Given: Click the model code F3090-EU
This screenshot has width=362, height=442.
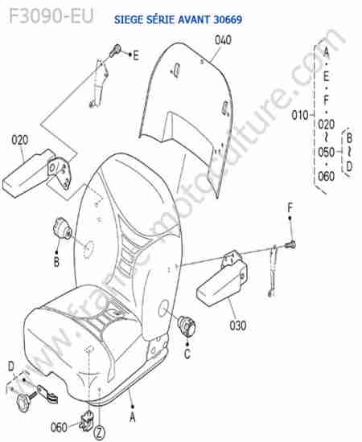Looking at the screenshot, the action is tap(51, 16).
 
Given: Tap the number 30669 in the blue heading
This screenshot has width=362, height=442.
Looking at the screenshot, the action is tap(228, 19).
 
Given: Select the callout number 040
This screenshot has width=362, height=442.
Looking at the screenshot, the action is tap(223, 40).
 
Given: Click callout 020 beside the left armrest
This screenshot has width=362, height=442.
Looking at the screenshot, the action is tap(20, 140).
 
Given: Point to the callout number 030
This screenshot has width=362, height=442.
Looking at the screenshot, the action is tap(238, 325).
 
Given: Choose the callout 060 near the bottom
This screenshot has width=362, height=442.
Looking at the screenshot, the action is tap(59, 427).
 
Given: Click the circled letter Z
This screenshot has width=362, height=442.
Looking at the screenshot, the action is tap(99, 432).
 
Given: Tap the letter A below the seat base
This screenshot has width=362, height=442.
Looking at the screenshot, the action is tap(132, 417).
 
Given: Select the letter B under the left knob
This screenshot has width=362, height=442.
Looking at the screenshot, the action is tap(56, 262).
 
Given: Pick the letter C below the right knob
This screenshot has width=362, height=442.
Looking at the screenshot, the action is tap(187, 354).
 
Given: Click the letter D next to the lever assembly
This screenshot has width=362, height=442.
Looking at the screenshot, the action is tap(11, 366).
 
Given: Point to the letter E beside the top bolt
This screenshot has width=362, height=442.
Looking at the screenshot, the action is tap(136, 55).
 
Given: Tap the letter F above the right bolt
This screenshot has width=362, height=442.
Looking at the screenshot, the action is tap(290, 208).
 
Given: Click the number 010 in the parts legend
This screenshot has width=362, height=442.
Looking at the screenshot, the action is tap(299, 115).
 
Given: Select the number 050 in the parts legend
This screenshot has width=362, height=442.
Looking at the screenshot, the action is tap(326, 153).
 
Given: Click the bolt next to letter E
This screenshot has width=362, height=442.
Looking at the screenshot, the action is tap(115, 51).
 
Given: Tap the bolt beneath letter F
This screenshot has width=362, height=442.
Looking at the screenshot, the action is tap(290, 244).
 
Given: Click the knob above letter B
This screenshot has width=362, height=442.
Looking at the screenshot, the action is tap(62, 228).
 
